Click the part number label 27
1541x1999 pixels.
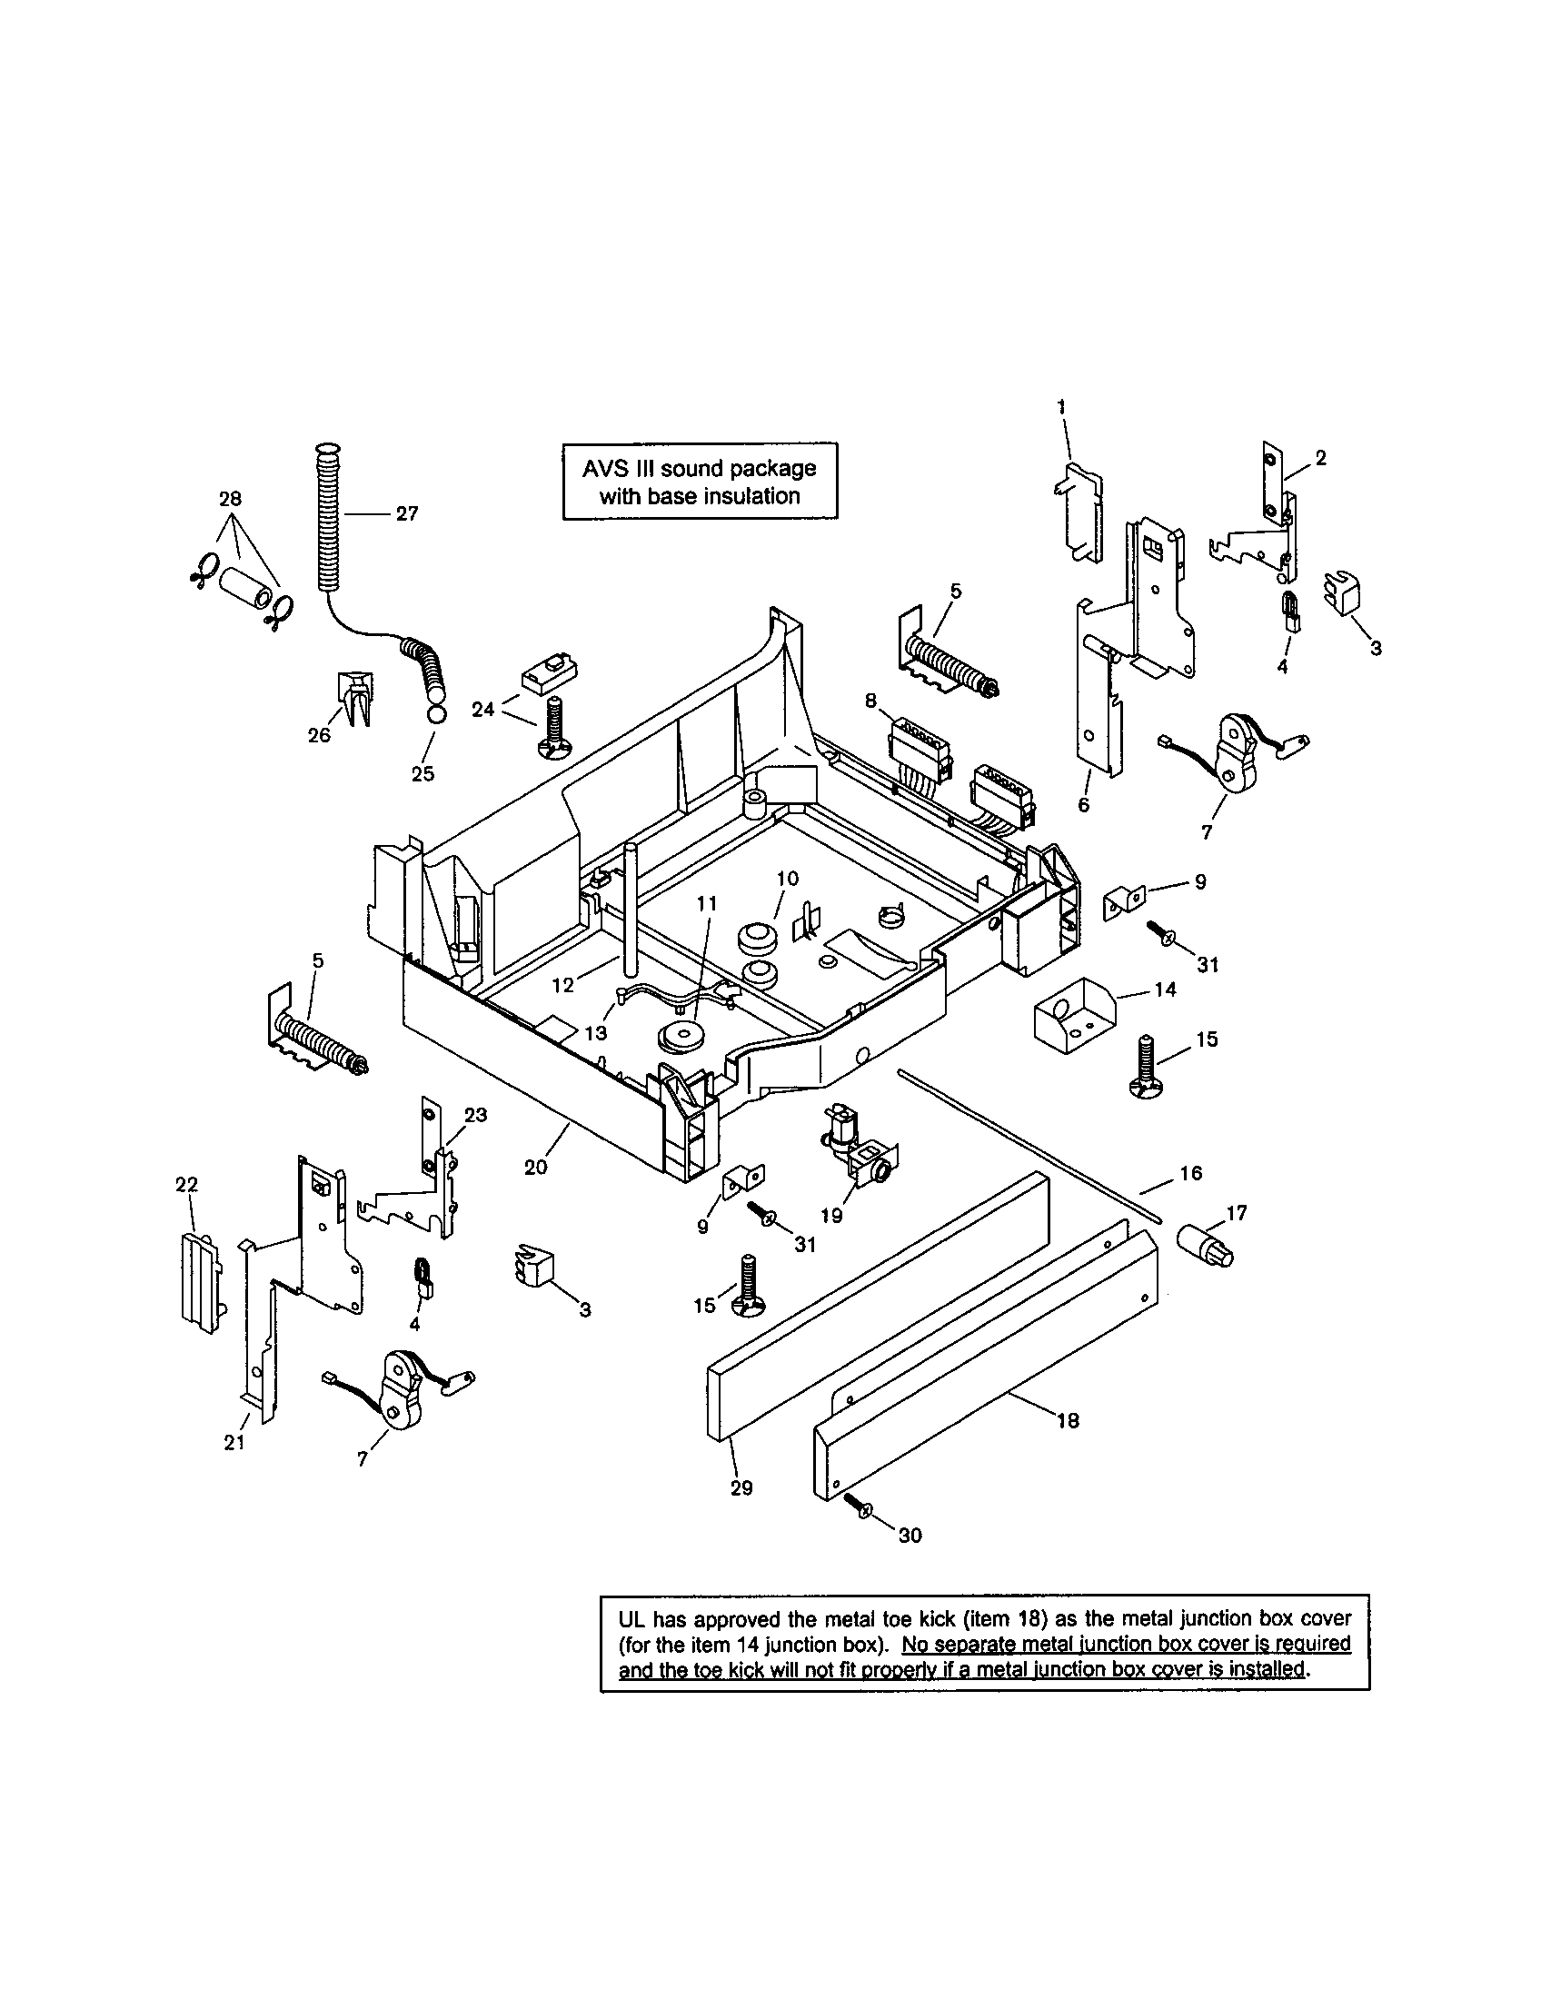(x=407, y=514)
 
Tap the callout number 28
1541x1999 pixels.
(x=230, y=499)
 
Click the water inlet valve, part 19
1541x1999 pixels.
(x=860, y=1151)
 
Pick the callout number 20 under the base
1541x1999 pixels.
(x=536, y=1167)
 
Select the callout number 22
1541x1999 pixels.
(x=185, y=1184)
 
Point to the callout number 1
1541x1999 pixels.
(x=1061, y=406)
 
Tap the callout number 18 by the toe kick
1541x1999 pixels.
(x=1068, y=1420)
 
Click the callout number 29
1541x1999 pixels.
(x=741, y=1488)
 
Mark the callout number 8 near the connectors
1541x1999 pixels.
(x=870, y=701)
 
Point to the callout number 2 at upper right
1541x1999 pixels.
(x=1320, y=458)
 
